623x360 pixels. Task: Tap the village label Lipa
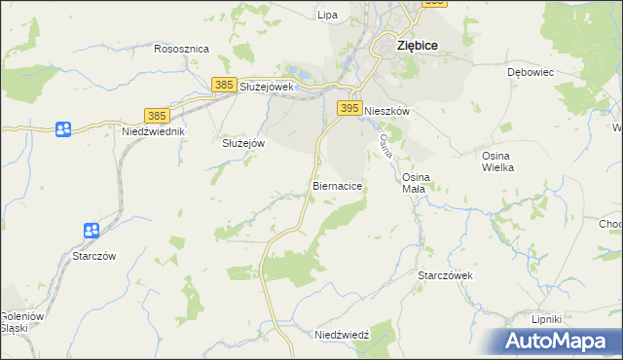point(328,15)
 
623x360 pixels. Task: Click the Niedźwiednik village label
point(154,130)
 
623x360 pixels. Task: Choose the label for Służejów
point(243,142)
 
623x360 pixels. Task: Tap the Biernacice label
point(339,184)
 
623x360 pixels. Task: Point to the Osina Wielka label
point(497,162)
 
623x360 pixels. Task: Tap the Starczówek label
point(445,275)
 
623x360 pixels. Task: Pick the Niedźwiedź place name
point(342,335)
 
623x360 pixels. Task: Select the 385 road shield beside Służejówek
point(224,86)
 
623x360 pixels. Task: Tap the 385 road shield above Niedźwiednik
point(156,114)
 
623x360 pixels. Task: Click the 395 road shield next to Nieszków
point(349,107)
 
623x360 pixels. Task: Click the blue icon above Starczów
point(92,231)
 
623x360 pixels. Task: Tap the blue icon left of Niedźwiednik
point(63,128)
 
